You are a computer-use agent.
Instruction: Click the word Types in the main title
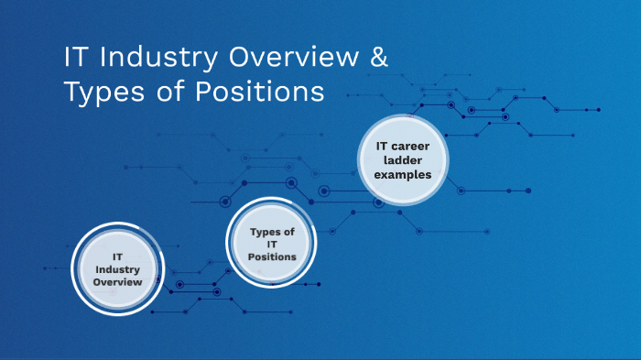point(102,93)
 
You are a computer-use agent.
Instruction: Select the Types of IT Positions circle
point(271,244)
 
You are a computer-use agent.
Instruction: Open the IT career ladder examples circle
point(403,159)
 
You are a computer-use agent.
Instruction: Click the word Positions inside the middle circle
point(272,256)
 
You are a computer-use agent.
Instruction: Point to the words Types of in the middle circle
point(272,232)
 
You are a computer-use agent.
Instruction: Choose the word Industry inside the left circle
point(117,269)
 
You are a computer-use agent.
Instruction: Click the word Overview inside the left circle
point(117,282)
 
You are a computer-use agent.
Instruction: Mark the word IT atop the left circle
point(117,257)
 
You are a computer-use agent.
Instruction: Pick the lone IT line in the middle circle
point(272,244)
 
